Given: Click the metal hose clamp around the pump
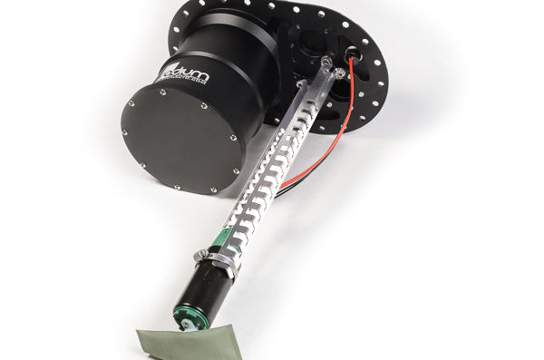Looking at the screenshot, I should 218,264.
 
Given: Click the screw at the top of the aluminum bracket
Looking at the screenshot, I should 325,61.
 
